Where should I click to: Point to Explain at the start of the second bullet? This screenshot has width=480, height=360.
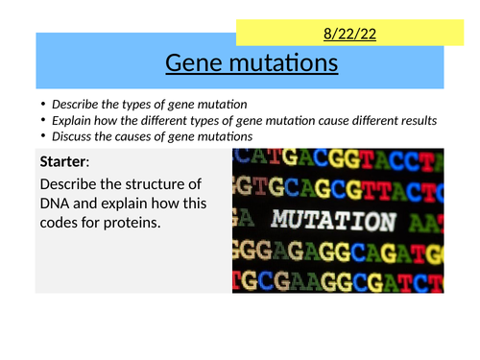[74, 120]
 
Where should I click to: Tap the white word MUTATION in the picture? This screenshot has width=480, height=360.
[333, 219]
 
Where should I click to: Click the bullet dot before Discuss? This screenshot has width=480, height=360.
[44, 136]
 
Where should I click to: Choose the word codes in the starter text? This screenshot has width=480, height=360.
[64, 225]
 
